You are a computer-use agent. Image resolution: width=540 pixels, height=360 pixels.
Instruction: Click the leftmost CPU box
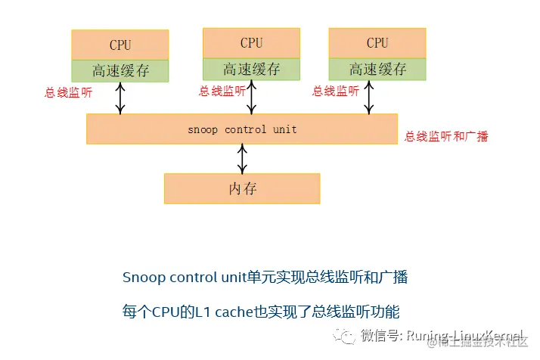coord(120,45)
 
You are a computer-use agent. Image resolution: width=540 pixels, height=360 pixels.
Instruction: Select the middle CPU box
coord(251,43)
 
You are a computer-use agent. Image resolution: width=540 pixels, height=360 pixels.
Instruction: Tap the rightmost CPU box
coord(377,43)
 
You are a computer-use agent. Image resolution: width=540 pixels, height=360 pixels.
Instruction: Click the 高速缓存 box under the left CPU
coord(120,70)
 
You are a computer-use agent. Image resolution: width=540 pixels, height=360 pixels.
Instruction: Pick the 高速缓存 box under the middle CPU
coord(251,70)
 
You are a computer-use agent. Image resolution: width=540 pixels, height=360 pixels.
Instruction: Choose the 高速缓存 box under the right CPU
coord(377,70)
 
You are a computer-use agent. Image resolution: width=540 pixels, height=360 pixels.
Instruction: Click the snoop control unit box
coord(242,129)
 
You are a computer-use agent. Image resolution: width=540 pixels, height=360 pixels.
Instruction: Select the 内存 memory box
coord(242,188)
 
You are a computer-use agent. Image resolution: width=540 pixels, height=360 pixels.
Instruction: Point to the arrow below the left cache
coord(120,98)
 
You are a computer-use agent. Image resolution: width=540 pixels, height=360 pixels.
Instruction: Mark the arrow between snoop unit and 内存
coord(242,159)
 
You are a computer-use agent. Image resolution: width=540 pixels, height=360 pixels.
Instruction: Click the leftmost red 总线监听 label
coord(69,94)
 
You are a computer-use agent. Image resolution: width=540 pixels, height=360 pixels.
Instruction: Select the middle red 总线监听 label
coord(222,92)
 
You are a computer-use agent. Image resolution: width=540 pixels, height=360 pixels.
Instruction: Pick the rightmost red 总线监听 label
coord(336,92)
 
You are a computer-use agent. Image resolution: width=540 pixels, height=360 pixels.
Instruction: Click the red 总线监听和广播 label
coord(446,137)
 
